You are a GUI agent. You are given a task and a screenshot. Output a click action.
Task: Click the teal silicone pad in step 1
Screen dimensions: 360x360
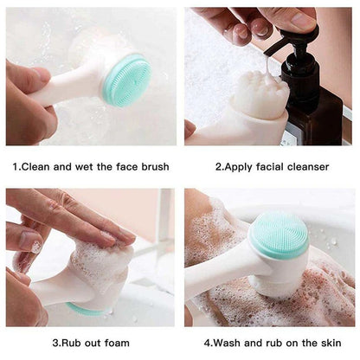(127, 80)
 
